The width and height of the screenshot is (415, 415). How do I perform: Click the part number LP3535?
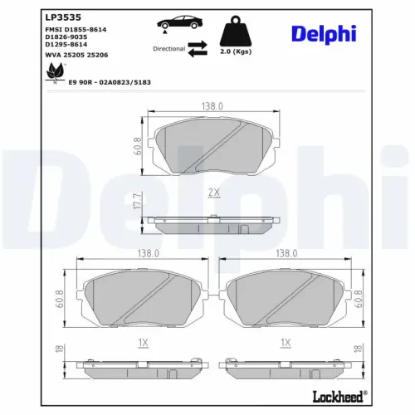[x=64, y=16]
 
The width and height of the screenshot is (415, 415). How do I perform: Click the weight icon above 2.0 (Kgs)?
[x=236, y=32]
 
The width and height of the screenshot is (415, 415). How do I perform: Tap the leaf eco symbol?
[x=56, y=74]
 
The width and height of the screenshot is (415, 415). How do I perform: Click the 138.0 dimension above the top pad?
[x=214, y=106]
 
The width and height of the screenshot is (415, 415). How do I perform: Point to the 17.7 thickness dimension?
[x=138, y=201]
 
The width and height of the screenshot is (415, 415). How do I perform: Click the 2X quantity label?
[x=213, y=193]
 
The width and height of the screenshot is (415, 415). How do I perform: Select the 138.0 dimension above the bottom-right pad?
[x=286, y=253]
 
